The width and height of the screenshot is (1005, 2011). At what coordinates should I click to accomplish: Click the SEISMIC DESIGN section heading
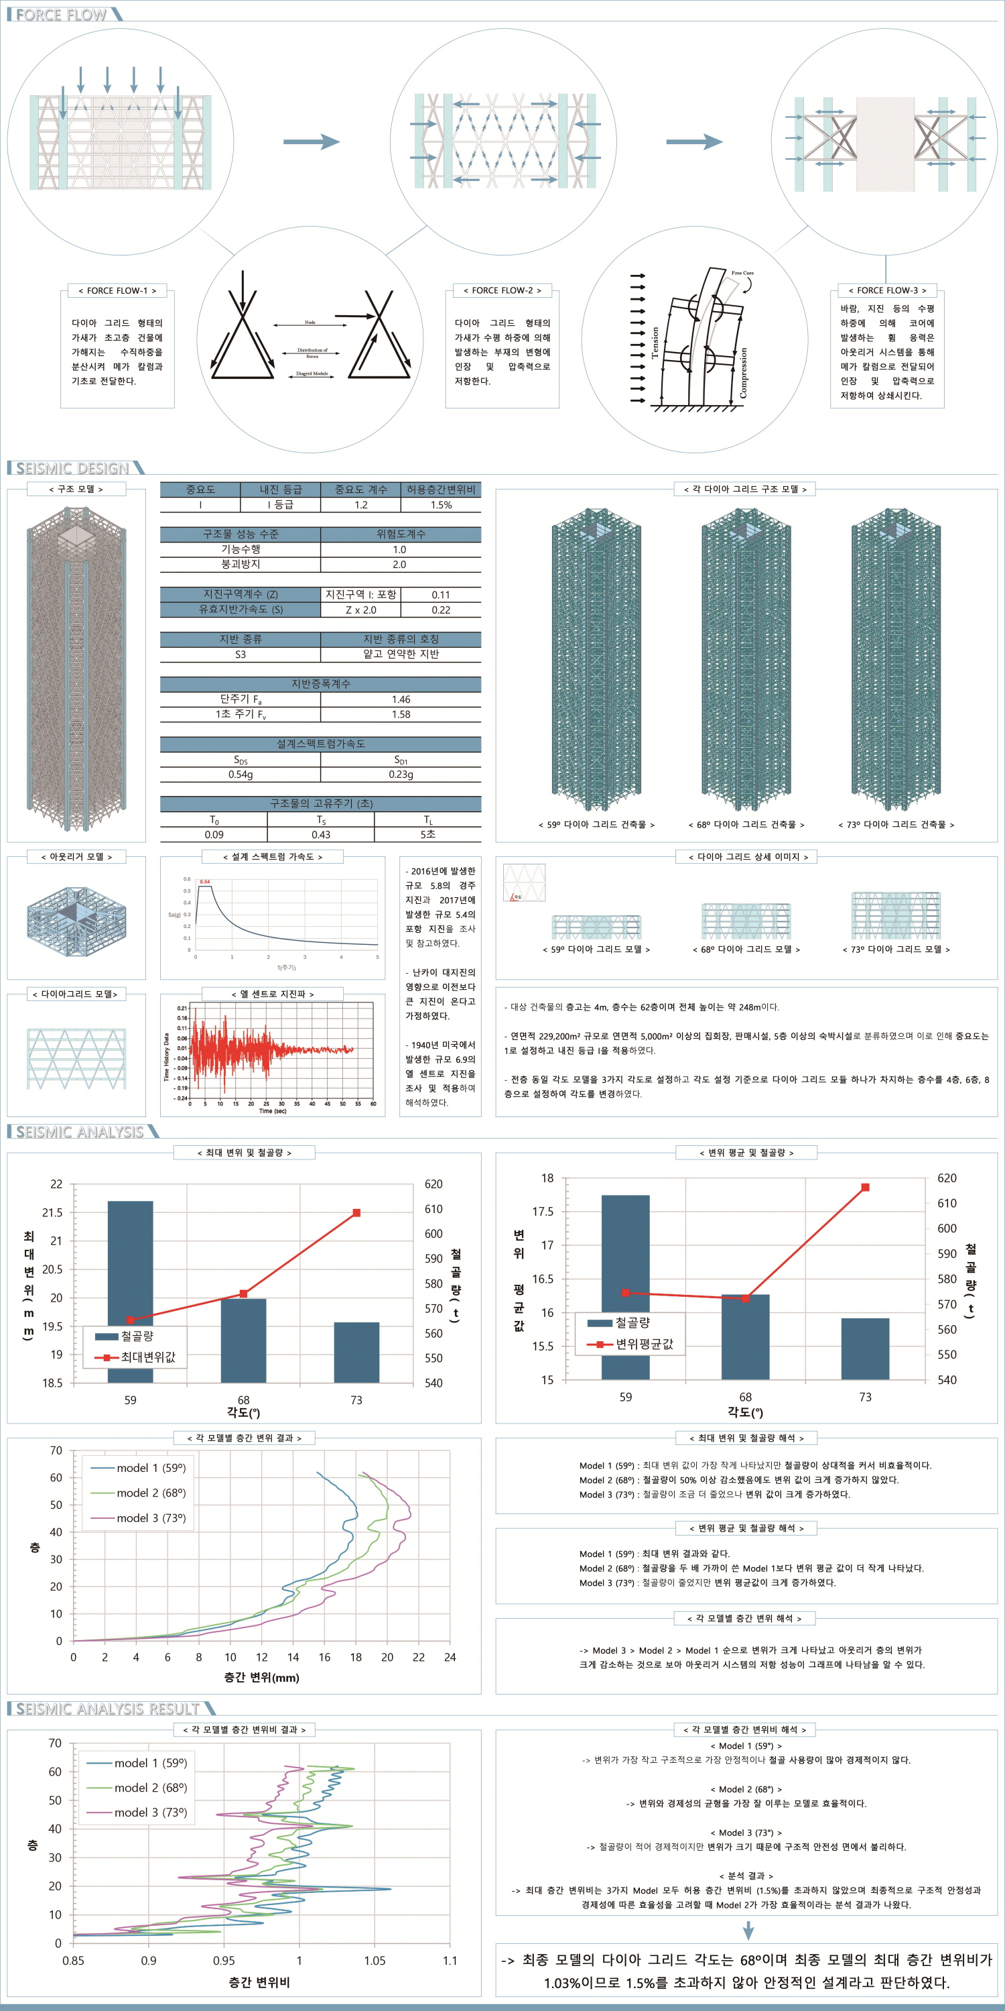tap(72, 469)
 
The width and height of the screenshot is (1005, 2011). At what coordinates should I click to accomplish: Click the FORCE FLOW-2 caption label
tap(502, 290)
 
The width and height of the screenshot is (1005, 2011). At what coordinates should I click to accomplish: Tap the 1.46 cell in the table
tap(400, 699)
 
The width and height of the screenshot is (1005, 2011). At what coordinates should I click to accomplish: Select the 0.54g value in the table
tap(241, 774)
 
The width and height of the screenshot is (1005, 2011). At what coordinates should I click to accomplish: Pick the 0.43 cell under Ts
tap(321, 835)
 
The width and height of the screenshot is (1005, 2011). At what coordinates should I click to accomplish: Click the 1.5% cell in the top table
tap(441, 505)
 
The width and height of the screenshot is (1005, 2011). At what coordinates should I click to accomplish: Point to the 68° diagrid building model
tap(746, 660)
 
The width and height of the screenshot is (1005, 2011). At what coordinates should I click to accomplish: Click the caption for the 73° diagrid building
tap(896, 824)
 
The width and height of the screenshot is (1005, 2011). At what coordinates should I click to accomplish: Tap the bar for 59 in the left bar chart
tap(130, 1291)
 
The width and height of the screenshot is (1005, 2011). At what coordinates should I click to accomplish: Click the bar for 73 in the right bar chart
tap(866, 1349)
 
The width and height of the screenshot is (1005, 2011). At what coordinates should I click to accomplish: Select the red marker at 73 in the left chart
tap(356, 1212)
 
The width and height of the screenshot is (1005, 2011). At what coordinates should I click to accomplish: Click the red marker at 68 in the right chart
tap(745, 1298)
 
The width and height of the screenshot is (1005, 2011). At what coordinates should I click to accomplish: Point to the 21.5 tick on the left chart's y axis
tap(52, 1212)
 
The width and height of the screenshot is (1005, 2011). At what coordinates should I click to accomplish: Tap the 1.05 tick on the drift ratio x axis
tap(375, 1959)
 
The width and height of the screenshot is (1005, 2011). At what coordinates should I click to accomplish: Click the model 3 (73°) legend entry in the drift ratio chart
tap(150, 1812)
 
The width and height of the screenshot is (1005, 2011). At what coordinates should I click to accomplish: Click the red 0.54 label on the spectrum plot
tap(205, 881)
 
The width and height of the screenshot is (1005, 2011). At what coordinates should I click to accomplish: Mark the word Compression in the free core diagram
tap(743, 372)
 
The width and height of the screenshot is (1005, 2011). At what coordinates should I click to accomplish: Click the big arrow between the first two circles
tap(312, 141)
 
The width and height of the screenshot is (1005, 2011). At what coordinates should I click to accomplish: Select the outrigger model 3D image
tap(76, 918)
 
